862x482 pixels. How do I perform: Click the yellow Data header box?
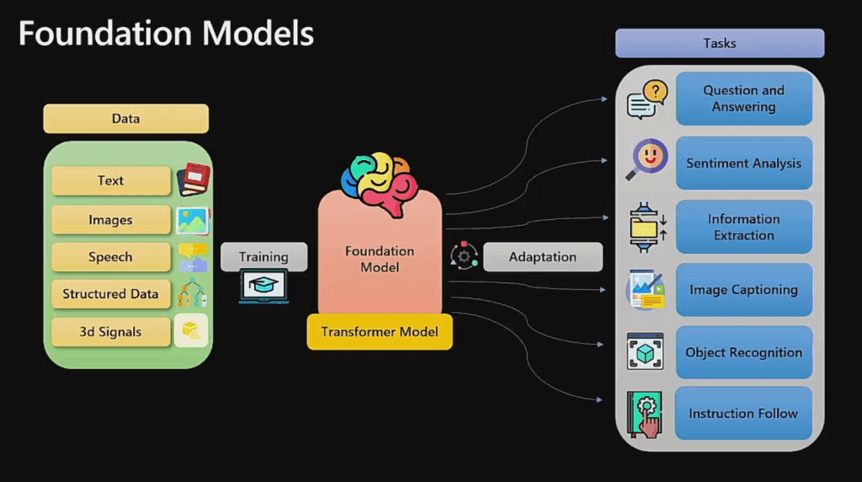(x=126, y=118)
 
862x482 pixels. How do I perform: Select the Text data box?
(x=111, y=180)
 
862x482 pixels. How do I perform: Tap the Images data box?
(x=111, y=220)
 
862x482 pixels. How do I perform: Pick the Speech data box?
(x=111, y=257)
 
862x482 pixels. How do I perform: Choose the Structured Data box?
(x=111, y=294)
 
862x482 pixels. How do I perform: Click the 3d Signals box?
(x=111, y=332)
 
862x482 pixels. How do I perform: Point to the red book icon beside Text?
(x=194, y=179)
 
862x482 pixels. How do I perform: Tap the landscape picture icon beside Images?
(x=193, y=221)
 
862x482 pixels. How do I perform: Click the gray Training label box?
(x=263, y=257)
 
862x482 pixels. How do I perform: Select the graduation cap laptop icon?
(x=263, y=287)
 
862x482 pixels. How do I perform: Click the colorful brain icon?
(x=380, y=184)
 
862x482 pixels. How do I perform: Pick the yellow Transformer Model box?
(x=380, y=332)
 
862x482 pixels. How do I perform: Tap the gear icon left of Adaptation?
(x=464, y=256)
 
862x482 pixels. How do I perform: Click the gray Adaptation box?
(x=543, y=257)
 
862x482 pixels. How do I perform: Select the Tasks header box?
(x=720, y=43)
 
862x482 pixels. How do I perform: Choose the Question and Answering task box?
(x=744, y=99)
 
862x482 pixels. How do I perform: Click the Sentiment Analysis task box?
(x=744, y=163)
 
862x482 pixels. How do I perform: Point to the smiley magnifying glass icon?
(x=647, y=159)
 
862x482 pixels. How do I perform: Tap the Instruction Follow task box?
(x=743, y=413)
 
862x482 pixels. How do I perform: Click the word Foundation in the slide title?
(x=105, y=33)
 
